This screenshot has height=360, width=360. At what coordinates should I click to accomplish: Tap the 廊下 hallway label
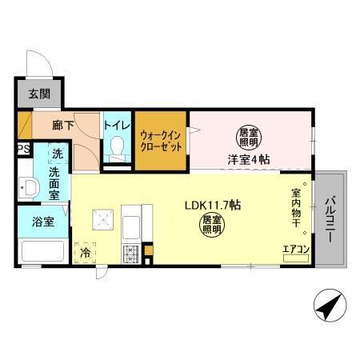pos(63,126)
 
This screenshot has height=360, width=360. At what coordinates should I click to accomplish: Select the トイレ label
pos(116,124)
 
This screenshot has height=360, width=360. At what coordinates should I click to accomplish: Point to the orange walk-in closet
pos(161,140)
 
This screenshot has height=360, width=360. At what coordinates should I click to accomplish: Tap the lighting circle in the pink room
pos(250,137)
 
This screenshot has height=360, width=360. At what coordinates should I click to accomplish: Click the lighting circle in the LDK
pos(210,224)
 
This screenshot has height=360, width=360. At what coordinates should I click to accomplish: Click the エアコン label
pos(296,250)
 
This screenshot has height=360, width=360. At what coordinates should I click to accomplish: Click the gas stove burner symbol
pos(130,254)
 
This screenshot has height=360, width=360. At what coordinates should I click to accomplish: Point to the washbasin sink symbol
pos(30,190)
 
